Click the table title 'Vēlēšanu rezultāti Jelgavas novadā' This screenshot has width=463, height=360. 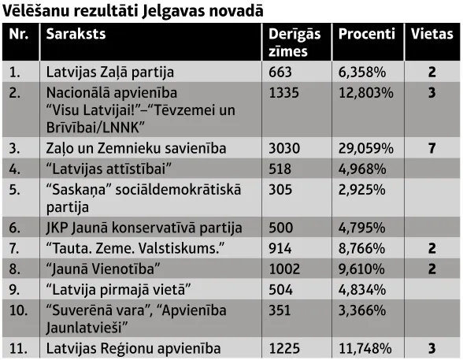(132, 11)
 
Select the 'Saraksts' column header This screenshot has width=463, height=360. (76, 34)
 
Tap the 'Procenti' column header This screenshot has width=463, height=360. (367, 34)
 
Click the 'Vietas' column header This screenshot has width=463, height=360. (432, 34)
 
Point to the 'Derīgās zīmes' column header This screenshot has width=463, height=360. (294, 43)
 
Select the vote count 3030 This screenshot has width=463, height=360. (284, 148)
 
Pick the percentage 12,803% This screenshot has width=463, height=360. (366, 93)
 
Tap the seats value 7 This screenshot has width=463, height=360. (432, 148)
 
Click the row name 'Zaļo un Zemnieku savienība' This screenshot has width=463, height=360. (136, 149)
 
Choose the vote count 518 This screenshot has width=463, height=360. (280, 169)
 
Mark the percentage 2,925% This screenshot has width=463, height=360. (362, 190)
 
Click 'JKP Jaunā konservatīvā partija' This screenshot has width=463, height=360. (144, 228)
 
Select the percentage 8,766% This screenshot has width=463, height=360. (362, 248)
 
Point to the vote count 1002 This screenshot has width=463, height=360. (284, 269)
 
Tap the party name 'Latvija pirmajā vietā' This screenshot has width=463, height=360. (119, 290)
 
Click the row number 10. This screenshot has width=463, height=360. (18, 310)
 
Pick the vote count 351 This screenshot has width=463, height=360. (280, 310)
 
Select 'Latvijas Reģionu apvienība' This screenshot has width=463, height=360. (134, 349)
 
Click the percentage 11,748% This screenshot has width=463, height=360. (365, 349)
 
